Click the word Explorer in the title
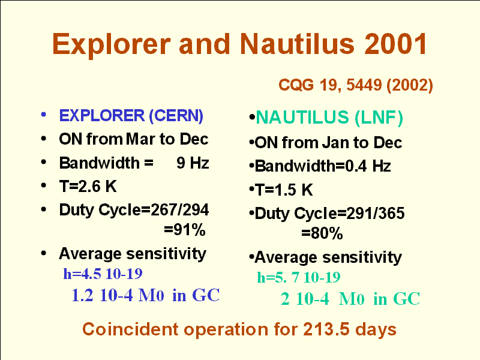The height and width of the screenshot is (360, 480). pos(112,44)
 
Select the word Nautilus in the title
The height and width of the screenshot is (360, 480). pos(297,44)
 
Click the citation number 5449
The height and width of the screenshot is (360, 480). pos(364,85)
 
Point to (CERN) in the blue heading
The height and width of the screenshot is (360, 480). pos(176,116)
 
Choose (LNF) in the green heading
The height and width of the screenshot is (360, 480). pos(379,118)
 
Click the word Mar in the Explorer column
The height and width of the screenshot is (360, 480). pos(140,139)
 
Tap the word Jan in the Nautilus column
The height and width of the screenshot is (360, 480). pos(335,143)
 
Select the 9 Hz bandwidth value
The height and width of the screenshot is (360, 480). pos(193,163)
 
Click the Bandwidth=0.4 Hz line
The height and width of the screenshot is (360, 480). pos(323,166)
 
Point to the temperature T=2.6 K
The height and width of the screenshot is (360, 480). pos(88,186)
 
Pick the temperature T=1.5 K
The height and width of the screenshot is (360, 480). pos(284,190)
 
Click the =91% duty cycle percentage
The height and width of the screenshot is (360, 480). pos(185,230)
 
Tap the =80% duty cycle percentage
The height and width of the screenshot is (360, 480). pos(322,233)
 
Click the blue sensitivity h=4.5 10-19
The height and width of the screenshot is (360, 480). pos(103,274)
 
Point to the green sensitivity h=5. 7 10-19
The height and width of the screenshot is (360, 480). pos(298,277)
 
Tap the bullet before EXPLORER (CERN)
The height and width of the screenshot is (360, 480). pos(43,115)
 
